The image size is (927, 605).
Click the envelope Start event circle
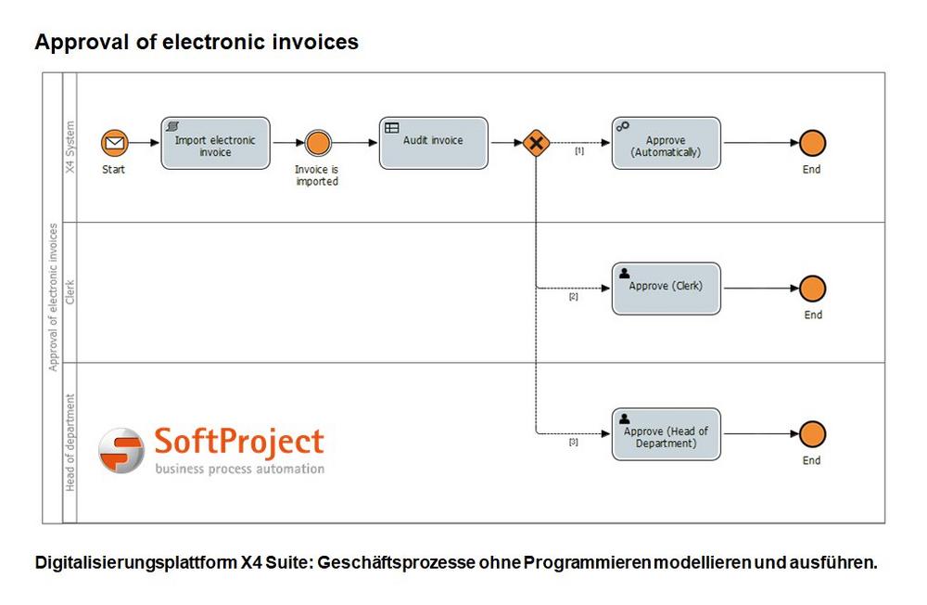pos(114,143)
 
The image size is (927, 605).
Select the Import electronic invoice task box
pos(215,143)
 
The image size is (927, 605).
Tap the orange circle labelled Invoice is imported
pos(318,143)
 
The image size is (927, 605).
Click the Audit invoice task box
pos(433,143)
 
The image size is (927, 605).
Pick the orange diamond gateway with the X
pos(536,143)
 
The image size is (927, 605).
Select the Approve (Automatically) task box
pos(667,143)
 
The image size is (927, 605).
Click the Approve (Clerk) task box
pos(667,289)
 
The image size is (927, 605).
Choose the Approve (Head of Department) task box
pos(667,434)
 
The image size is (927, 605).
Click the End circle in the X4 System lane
pos(812,143)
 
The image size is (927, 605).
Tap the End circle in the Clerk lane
pos(812,289)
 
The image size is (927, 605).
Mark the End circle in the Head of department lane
pos(812,434)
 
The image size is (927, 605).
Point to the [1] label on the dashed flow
pos(579,151)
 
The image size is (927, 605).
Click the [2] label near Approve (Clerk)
pos(574,297)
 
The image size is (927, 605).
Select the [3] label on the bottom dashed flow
pos(574,442)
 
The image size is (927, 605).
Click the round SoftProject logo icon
pos(121,450)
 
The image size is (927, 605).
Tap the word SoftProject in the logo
pos(239,443)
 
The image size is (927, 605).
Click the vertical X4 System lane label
pos(70,147)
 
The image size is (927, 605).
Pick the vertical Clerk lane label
pos(70,292)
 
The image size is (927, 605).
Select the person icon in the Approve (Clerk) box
pos(624,273)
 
